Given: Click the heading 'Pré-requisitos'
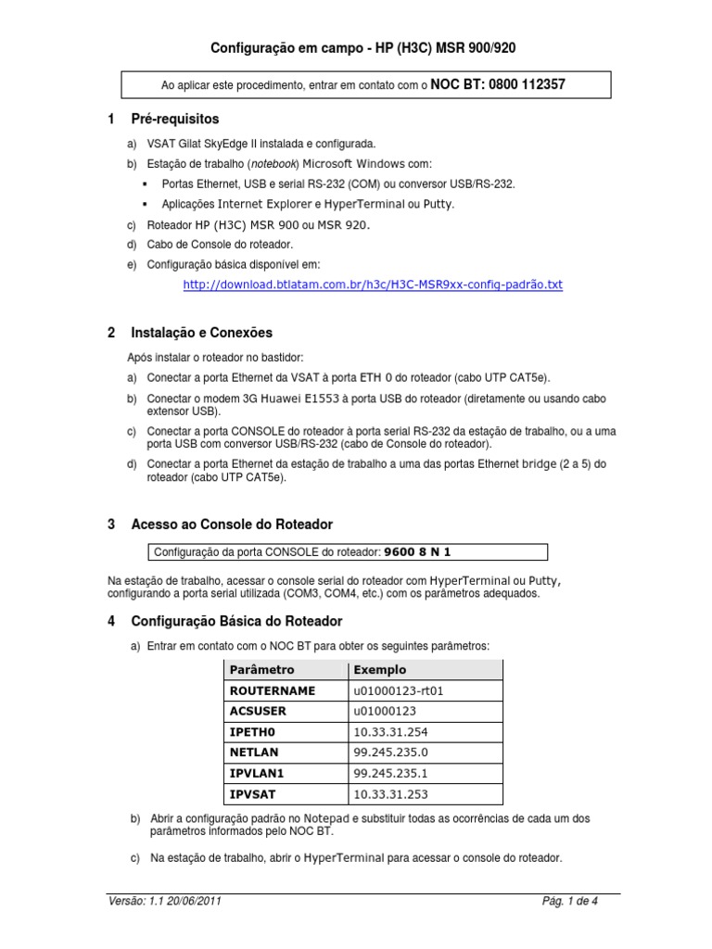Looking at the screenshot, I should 175,120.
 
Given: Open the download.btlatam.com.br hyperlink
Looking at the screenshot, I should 373,285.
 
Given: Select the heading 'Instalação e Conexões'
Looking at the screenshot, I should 201,333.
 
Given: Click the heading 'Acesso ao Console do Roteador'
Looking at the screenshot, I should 231,525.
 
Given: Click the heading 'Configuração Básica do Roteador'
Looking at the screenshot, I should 236,621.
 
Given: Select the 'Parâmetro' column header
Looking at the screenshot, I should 261,669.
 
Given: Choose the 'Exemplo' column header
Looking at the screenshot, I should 379,669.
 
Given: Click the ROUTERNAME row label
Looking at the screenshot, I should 272,690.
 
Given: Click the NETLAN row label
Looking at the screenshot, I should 253,753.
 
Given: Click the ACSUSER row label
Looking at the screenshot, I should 258,711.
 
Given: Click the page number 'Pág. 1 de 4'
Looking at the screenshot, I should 569,902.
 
